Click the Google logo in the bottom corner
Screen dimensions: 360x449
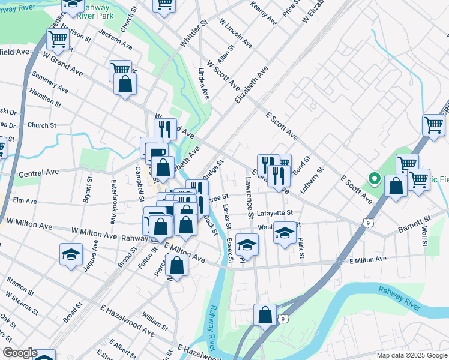click(20, 353)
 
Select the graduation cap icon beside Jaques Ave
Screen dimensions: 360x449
click(71, 254)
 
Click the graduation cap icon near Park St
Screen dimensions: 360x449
click(285, 233)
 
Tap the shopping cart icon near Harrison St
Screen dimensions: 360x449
click(58, 40)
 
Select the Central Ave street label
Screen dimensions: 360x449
click(39, 172)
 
